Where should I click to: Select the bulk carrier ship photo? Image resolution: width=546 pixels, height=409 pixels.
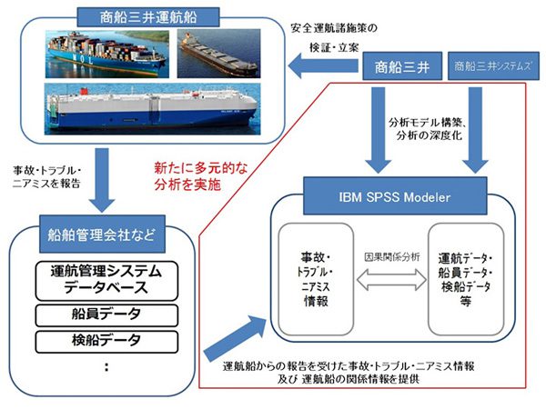coord(218,55)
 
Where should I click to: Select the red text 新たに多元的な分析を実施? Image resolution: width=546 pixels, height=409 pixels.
coord(193,175)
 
